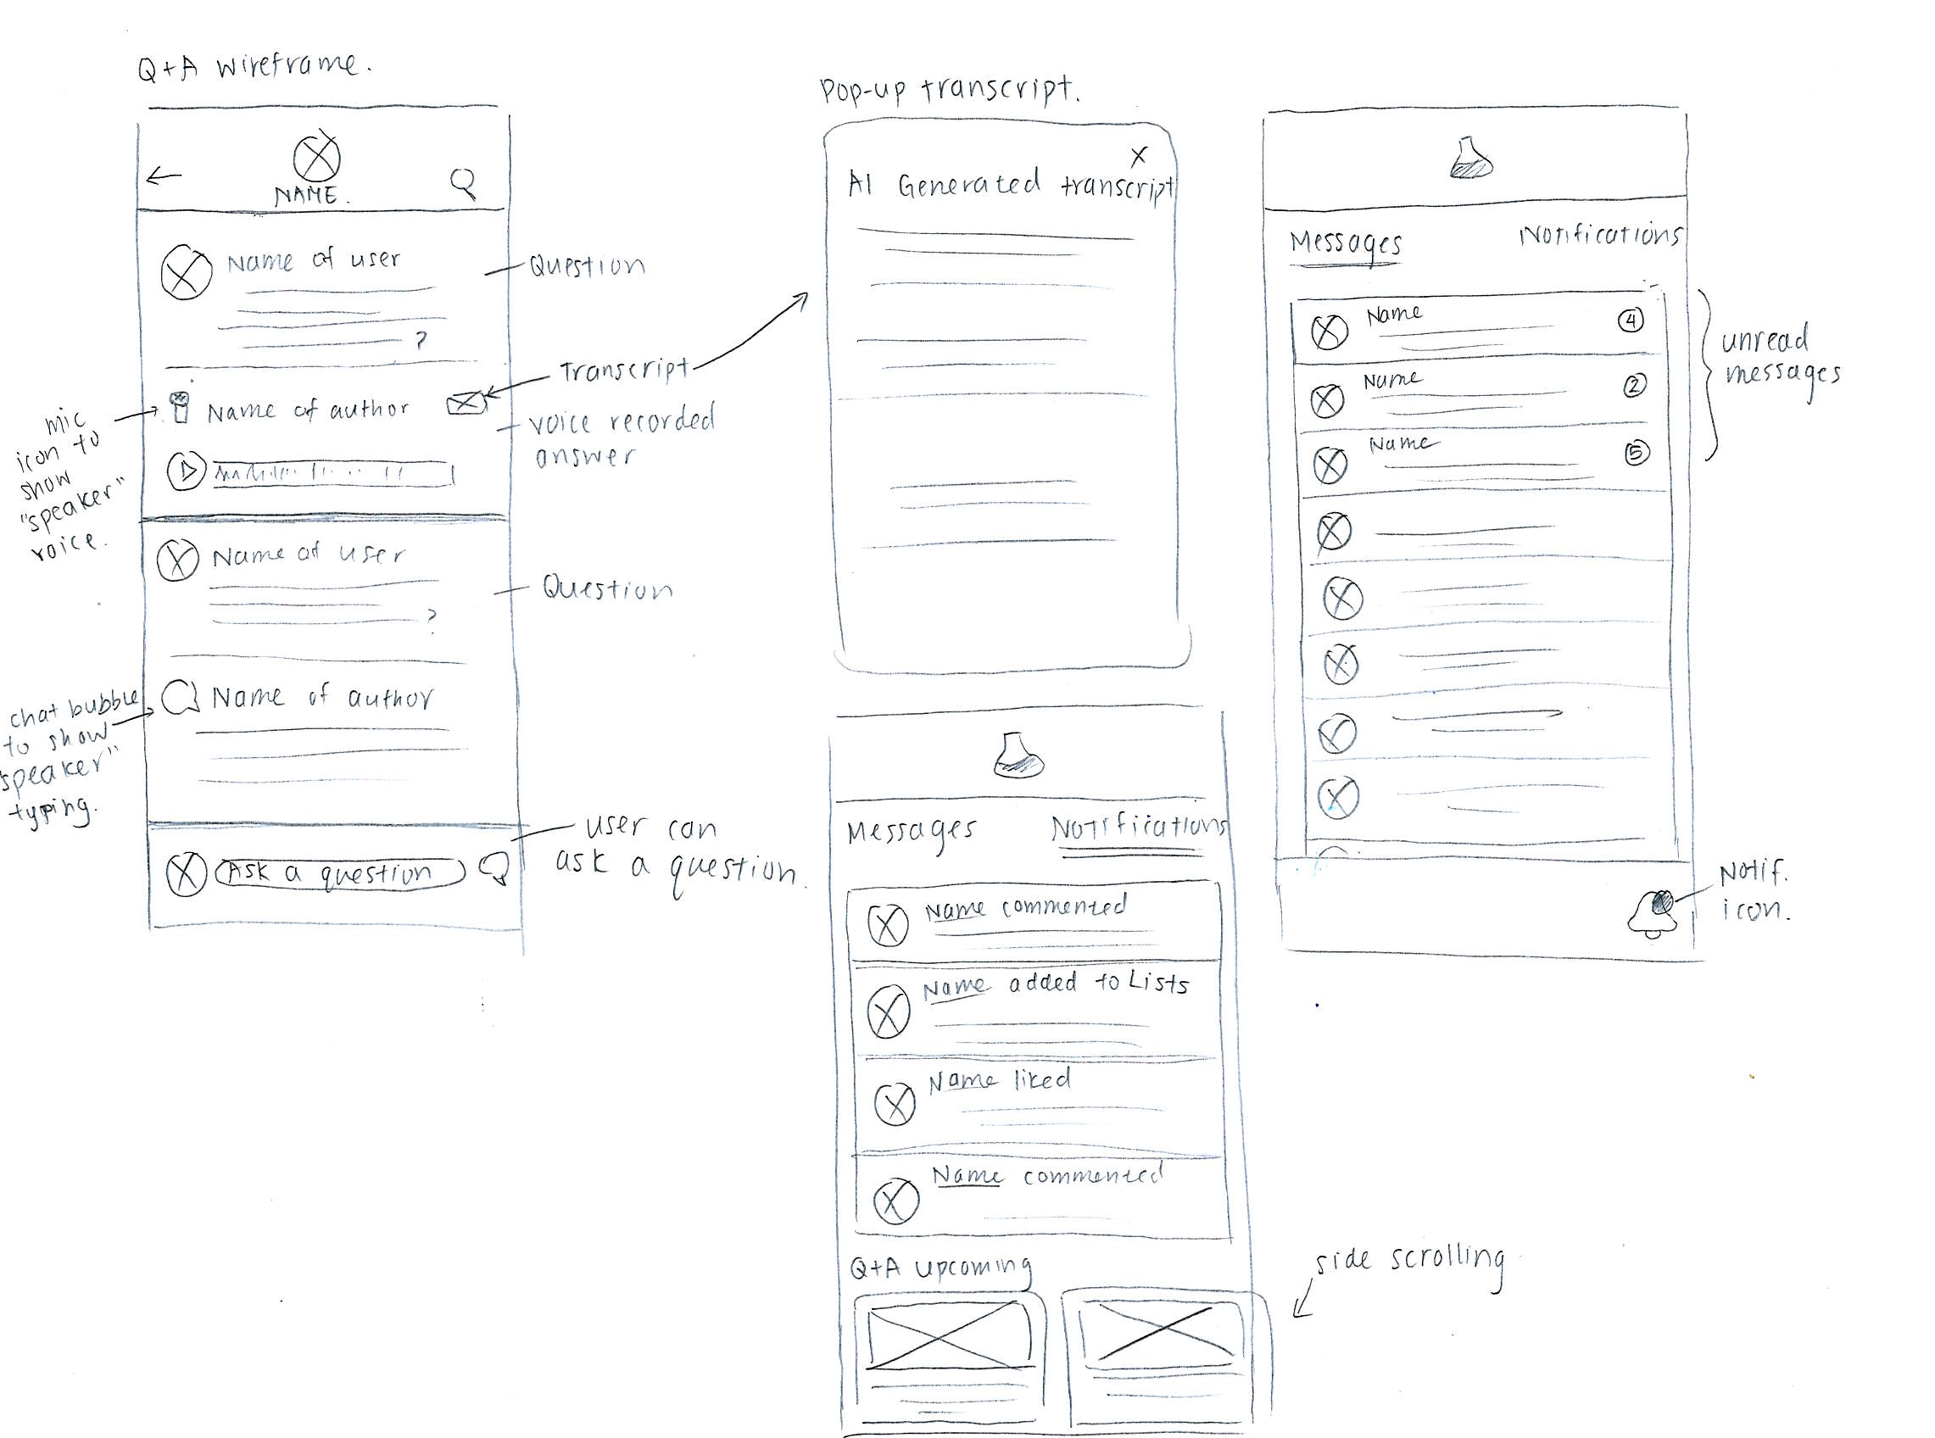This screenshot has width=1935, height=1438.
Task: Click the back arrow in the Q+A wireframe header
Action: coord(164,176)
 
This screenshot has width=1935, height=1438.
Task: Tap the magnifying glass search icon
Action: coord(462,182)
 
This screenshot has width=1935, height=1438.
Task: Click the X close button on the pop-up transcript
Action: coord(1138,156)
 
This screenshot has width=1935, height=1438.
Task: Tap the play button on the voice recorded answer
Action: coord(186,471)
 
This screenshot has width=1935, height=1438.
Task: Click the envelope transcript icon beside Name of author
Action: coord(465,403)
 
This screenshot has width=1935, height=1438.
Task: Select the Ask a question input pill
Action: coord(339,873)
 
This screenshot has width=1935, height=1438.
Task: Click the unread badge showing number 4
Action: coord(1631,321)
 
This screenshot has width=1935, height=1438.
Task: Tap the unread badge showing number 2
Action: coord(1635,386)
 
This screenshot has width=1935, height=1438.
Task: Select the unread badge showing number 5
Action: coord(1637,454)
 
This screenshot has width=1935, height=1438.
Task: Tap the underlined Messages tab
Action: coord(1346,243)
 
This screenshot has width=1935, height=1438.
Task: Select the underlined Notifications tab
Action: coord(1139,829)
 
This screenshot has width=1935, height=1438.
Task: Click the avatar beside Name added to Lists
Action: coord(888,1012)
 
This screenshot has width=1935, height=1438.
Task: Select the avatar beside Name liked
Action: coord(894,1105)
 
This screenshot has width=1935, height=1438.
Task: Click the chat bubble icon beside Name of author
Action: coord(178,697)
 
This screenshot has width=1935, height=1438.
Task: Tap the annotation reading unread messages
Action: coord(1779,357)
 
